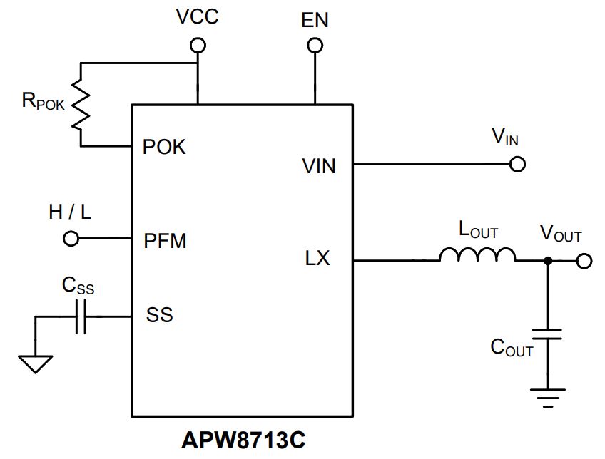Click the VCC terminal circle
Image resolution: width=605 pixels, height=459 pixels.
point(198,46)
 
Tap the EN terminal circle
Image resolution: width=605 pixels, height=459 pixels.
point(315,46)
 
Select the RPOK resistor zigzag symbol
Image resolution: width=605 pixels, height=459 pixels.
point(81,103)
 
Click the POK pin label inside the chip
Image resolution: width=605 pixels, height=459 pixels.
point(164,147)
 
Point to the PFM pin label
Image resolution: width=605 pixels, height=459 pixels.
point(165,241)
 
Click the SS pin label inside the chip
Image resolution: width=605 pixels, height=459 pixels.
point(159,314)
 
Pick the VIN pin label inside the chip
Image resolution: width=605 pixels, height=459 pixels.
point(319,166)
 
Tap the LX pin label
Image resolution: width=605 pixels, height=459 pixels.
point(317,258)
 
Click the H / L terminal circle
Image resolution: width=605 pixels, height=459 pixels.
point(71,239)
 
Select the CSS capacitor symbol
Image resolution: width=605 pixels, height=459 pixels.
point(81,316)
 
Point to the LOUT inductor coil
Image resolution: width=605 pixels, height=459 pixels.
point(477,254)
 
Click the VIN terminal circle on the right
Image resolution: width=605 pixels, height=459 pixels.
point(517,164)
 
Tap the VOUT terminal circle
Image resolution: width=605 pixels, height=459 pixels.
point(584,261)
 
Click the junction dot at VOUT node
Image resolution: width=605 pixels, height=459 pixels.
point(547,261)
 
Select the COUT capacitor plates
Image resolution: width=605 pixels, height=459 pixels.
point(547,334)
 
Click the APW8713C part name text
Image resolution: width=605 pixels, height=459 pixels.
point(243,440)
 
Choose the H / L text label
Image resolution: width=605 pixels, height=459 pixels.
point(70,212)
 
